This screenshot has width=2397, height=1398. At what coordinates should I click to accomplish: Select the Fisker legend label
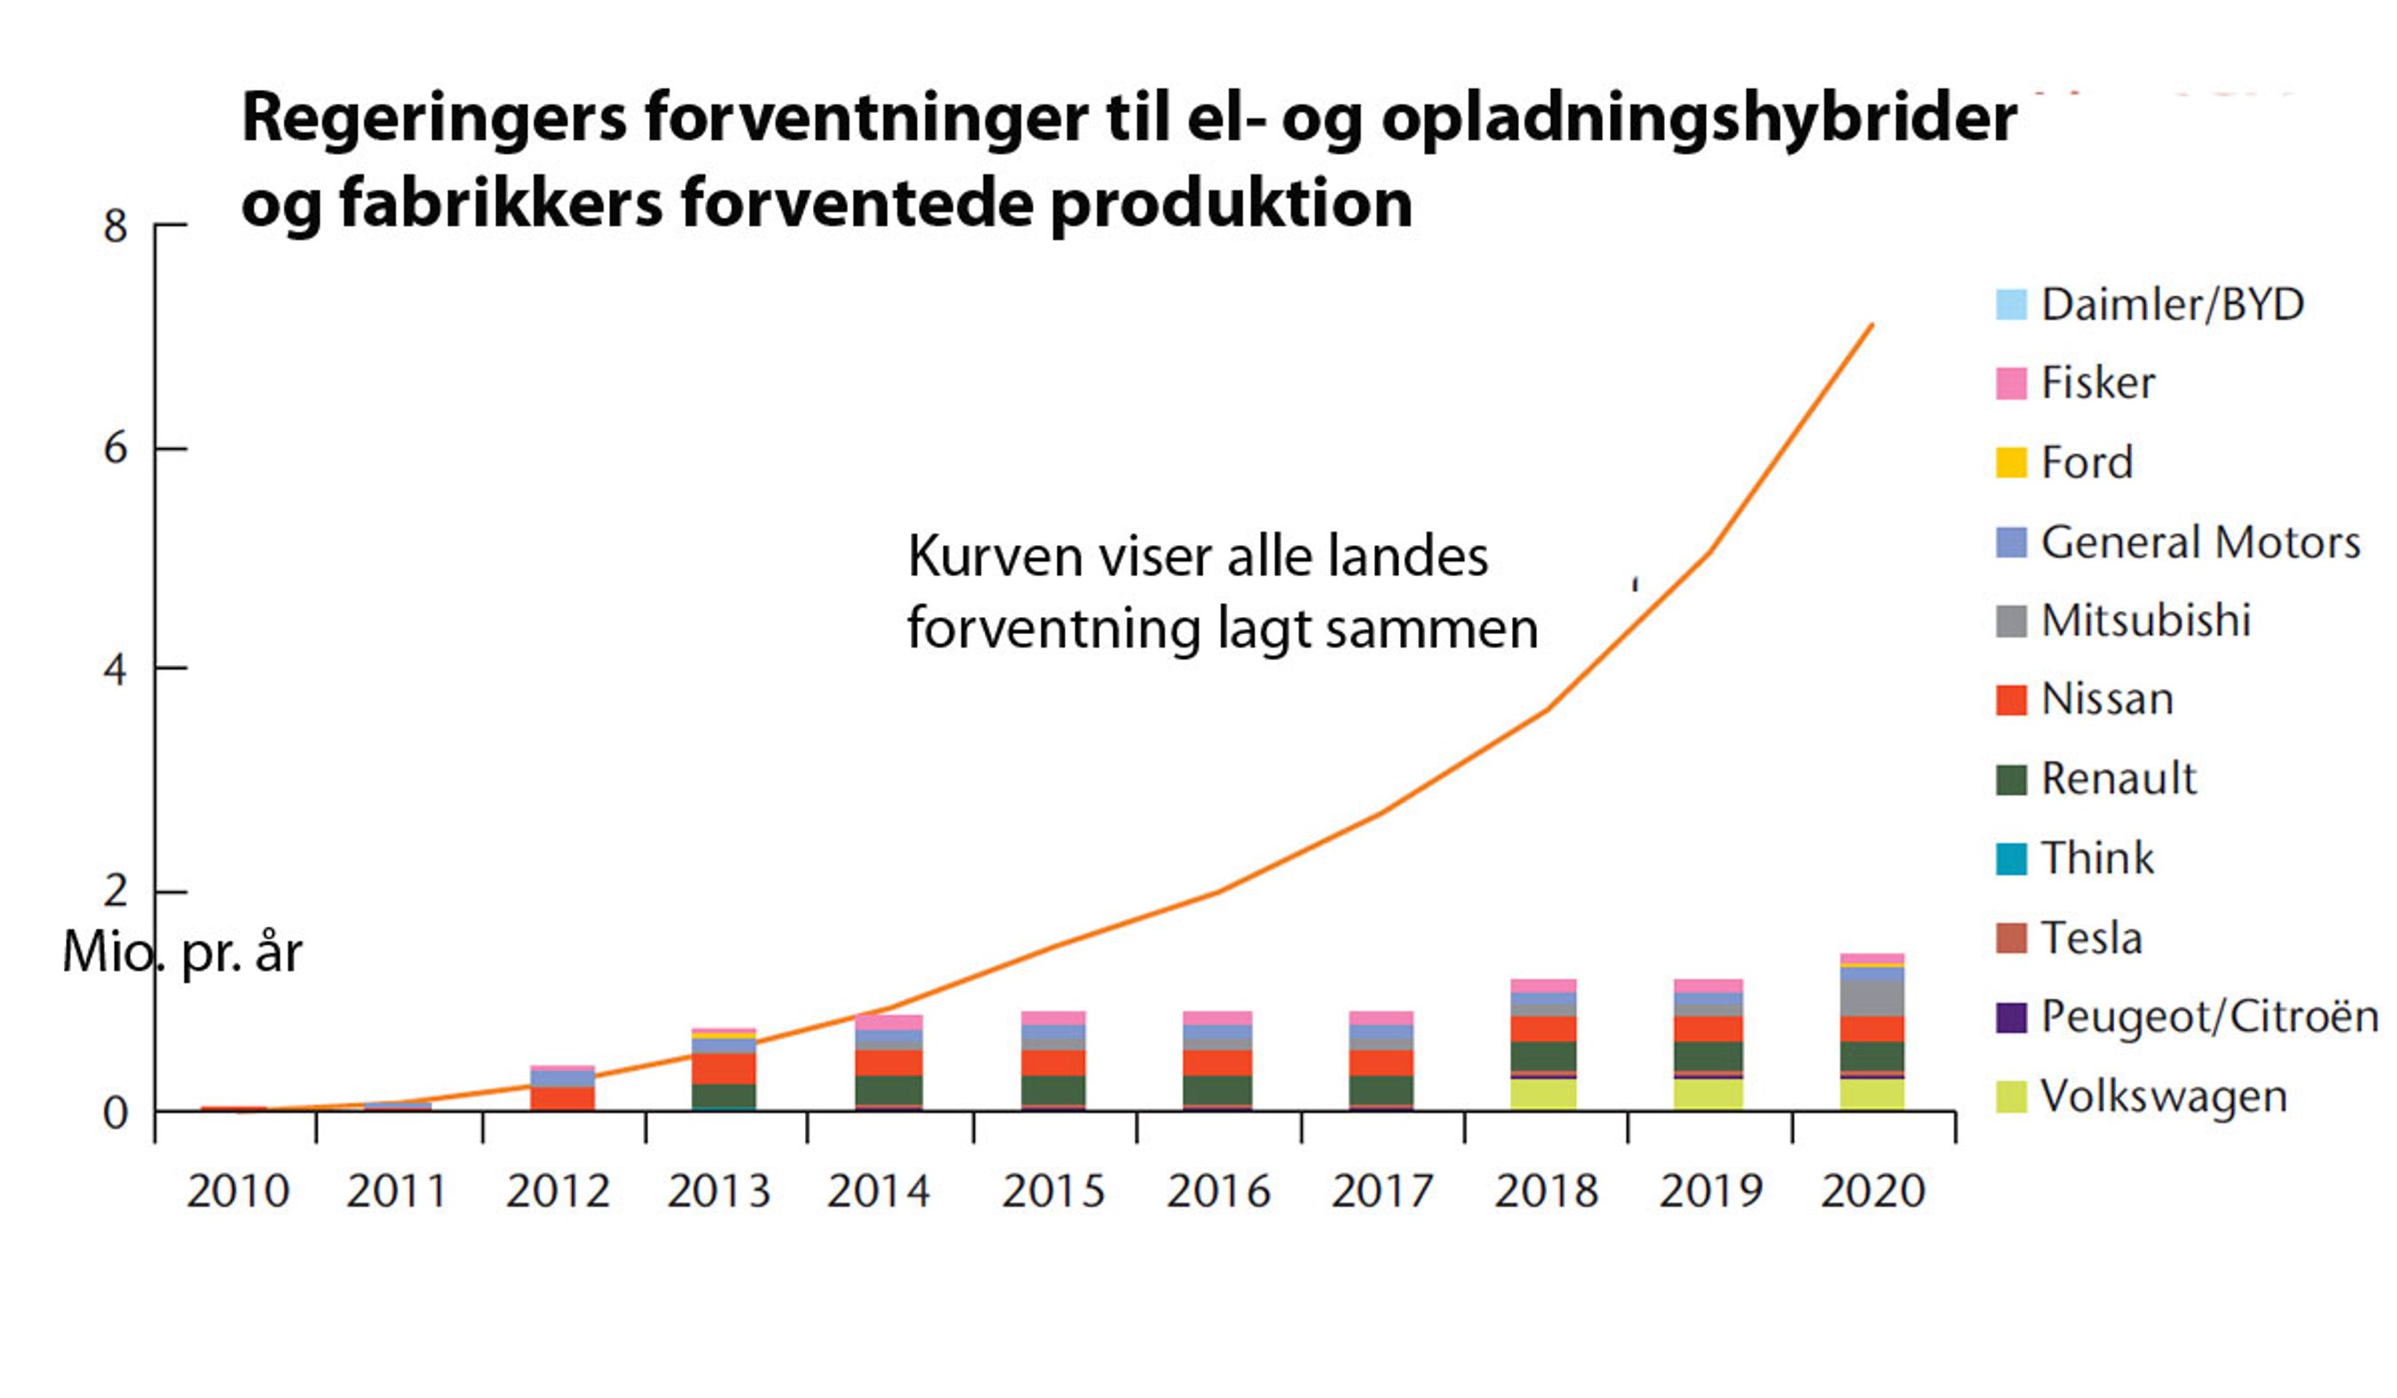2097,383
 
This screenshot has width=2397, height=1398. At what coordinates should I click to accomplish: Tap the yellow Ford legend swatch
2011,462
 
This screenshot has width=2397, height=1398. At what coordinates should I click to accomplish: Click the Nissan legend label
2107,700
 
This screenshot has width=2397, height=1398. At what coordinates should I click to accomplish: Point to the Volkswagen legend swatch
2011,1097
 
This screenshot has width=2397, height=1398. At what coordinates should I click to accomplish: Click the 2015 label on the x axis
1053,1192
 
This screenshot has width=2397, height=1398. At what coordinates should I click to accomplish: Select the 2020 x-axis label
1873,1192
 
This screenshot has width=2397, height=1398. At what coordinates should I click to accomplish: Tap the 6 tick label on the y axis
115,448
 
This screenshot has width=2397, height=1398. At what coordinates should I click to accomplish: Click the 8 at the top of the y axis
115,227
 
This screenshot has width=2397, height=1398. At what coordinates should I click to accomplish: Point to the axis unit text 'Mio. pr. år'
181,952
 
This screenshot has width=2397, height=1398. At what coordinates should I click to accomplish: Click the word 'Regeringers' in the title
434,119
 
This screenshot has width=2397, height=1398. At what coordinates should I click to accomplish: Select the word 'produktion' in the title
1232,204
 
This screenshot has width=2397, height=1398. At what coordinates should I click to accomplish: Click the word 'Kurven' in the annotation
995,557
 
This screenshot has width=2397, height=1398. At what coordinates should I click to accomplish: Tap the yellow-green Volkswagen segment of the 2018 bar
1543,1094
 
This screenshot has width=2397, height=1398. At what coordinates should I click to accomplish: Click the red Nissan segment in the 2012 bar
562,1097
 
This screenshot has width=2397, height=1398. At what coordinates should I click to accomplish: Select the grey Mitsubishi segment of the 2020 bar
1872,999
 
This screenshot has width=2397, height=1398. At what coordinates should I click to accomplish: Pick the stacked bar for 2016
1218,1060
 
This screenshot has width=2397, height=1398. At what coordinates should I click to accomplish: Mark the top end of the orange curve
1871,325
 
